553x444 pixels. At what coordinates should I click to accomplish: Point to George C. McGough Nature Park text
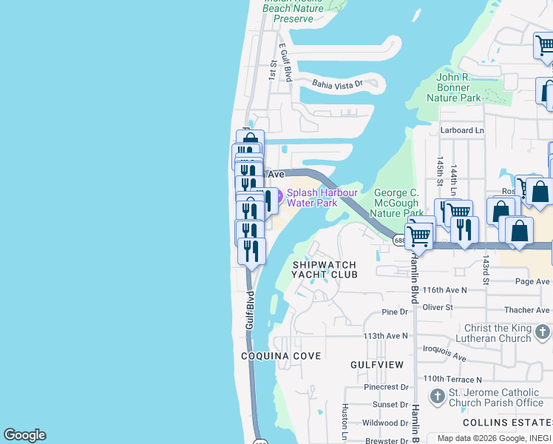click(x=396, y=203)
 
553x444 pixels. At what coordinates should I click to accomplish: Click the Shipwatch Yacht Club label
click(x=325, y=269)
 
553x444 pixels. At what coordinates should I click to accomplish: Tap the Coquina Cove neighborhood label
click(x=281, y=356)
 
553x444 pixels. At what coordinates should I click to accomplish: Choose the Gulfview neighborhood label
click(x=377, y=365)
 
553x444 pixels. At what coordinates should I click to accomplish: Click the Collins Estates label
click(x=507, y=422)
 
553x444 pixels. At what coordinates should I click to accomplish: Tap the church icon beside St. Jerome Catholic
click(x=437, y=397)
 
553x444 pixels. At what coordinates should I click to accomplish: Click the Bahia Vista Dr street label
click(x=338, y=84)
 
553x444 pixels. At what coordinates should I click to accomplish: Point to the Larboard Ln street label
click(x=462, y=130)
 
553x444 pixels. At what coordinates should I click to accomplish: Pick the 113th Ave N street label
click(x=385, y=335)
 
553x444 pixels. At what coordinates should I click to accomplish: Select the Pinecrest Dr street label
click(x=386, y=387)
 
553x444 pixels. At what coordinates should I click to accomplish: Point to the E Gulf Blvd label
click(x=285, y=62)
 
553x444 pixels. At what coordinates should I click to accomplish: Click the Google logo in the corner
click(x=24, y=435)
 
